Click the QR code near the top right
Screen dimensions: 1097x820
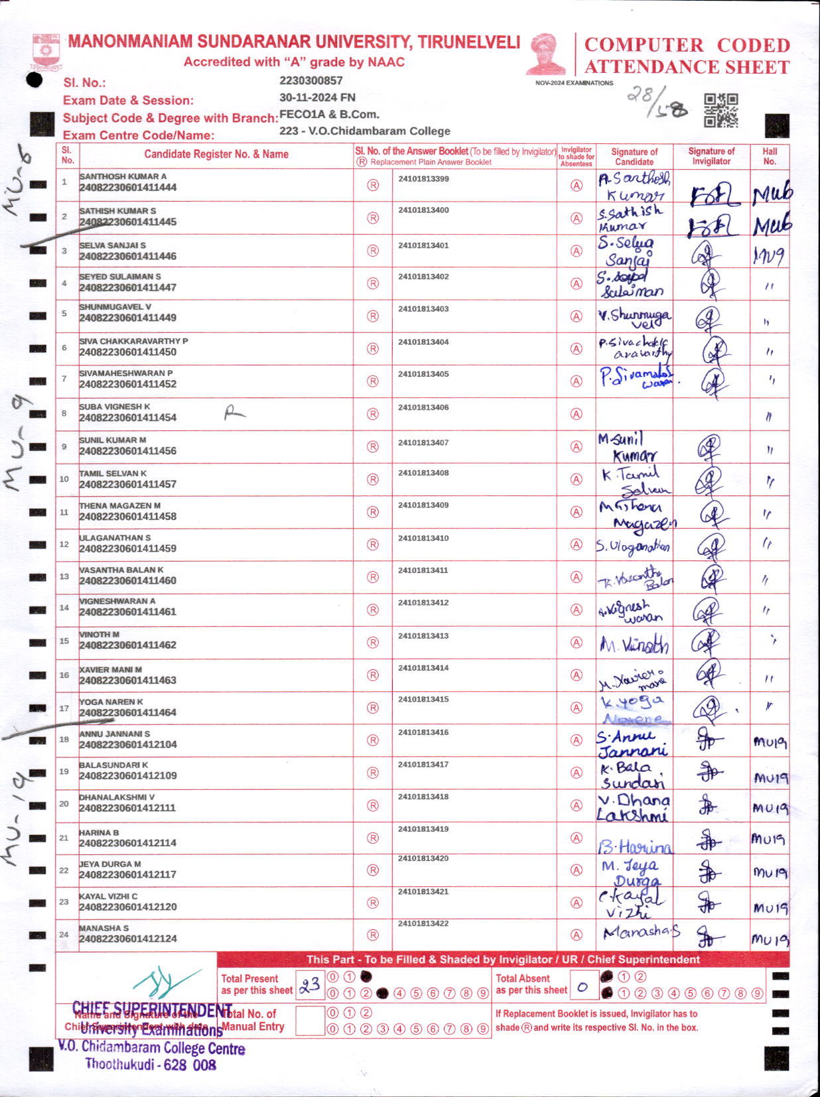tap(720, 110)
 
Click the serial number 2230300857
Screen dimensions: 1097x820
tap(311, 81)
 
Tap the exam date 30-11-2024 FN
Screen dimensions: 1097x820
tap(317, 97)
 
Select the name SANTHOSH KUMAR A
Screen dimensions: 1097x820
tap(123, 176)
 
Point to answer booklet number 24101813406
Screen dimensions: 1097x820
tap(423, 407)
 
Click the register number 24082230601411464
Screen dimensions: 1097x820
tap(128, 712)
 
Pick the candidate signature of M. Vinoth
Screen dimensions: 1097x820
tap(634, 644)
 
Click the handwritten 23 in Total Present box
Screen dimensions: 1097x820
tap(309, 985)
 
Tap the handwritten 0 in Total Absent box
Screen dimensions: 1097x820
tap(582, 987)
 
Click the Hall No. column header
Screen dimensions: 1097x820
tap(770, 156)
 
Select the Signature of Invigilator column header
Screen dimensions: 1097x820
tap(711, 156)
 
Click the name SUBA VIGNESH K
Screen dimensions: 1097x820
tap(115, 407)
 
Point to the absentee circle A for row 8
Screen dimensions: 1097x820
tap(577, 415)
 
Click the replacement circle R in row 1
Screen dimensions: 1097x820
tap(373, 186)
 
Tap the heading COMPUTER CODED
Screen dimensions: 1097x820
tap(687, 45)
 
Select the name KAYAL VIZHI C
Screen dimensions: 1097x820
tap(108, 896)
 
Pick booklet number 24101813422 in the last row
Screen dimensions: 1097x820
tap(423, 923)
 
